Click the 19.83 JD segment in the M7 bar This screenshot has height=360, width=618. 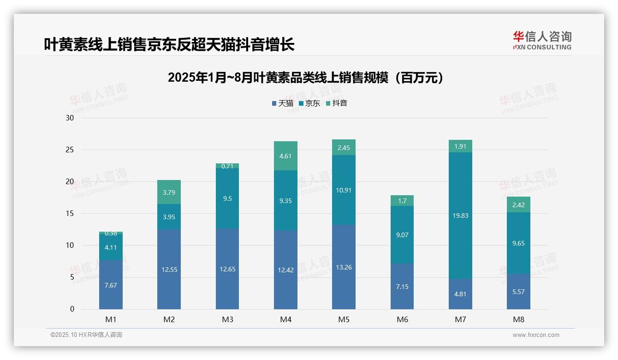460,216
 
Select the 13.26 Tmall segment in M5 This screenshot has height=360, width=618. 344,267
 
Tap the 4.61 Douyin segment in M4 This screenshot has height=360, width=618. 285,156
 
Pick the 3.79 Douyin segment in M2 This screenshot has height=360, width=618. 169,192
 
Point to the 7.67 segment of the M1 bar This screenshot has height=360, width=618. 111,285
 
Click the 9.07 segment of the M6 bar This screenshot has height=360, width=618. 402,235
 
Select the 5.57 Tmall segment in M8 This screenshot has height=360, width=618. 518,292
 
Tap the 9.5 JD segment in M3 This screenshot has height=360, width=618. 227,198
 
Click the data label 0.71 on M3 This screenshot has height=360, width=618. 227,166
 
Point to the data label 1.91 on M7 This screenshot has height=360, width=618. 460,146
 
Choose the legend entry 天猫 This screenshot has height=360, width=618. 282,103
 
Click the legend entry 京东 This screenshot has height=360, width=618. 309,103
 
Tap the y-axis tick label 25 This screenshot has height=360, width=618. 70,150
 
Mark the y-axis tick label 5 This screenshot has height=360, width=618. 71,277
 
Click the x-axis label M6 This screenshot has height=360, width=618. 402,319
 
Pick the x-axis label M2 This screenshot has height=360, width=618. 169,319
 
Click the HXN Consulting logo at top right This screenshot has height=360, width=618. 542,41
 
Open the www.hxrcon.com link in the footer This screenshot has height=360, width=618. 536,335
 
